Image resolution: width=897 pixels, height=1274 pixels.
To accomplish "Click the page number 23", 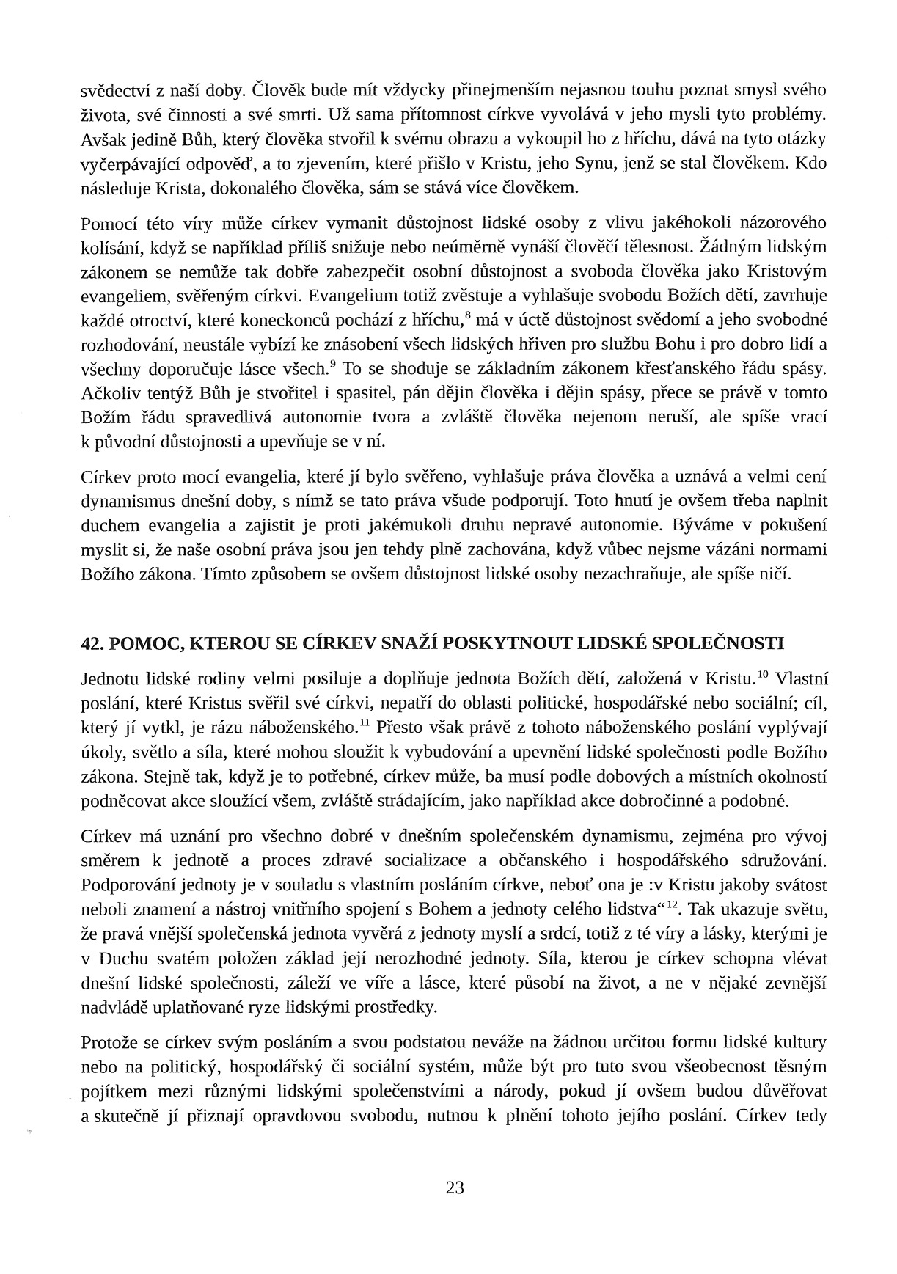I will click(455, 1188).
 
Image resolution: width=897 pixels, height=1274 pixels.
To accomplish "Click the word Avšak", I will click(100, 139).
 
